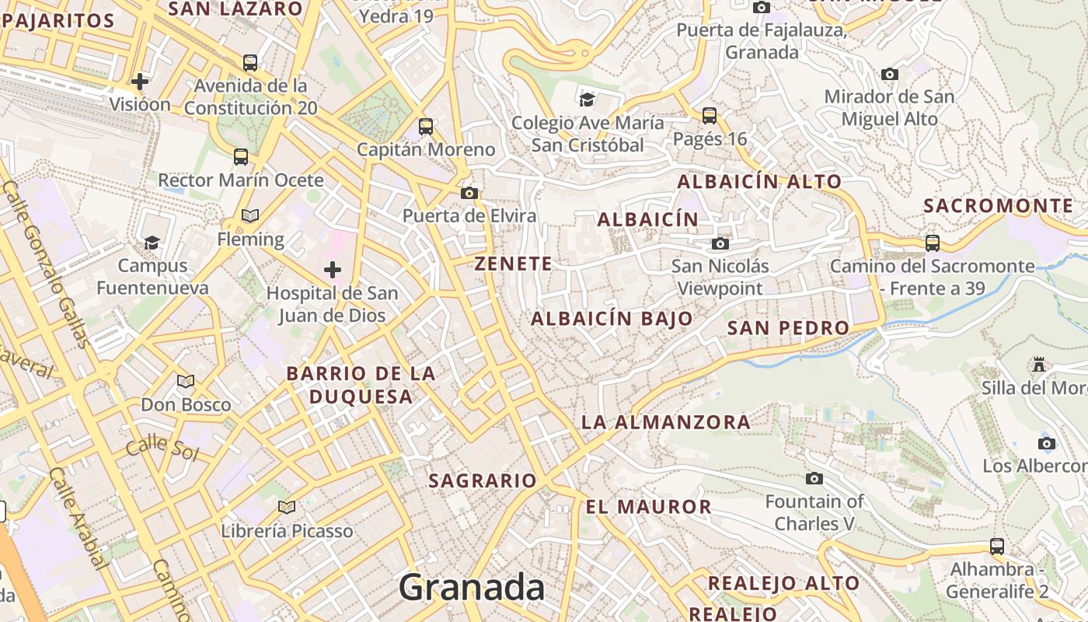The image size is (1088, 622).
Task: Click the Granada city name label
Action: click(472, 588)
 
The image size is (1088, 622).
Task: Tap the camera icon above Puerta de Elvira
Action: click(469, 193)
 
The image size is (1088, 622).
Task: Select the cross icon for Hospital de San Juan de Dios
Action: click(333, 270)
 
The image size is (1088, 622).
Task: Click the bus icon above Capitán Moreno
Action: click(425, 126)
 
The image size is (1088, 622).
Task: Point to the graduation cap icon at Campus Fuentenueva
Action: click(152, 243)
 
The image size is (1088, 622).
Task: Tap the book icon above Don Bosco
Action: click(185, 381)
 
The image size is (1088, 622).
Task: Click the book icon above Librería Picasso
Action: click(287, 508)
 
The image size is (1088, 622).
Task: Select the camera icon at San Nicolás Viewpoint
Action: click(720, 244)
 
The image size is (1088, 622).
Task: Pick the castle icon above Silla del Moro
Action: click(1038, 364)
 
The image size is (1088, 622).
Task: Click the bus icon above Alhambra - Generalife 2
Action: click(997, 546)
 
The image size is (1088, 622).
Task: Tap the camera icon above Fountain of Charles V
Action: click(814, 478)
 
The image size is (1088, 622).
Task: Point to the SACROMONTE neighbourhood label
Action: click(998, 206)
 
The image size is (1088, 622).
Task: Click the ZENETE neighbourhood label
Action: click(513, 264)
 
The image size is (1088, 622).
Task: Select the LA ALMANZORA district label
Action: click(666, 423)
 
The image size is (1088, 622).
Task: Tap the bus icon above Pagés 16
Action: click(709, 116)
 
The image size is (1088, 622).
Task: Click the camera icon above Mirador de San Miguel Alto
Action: click(890, 75)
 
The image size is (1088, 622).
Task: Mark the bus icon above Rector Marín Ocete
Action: click(241, 156)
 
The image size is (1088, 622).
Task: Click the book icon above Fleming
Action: click(249, 215)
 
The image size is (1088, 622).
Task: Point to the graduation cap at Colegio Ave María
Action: click(588, 100)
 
